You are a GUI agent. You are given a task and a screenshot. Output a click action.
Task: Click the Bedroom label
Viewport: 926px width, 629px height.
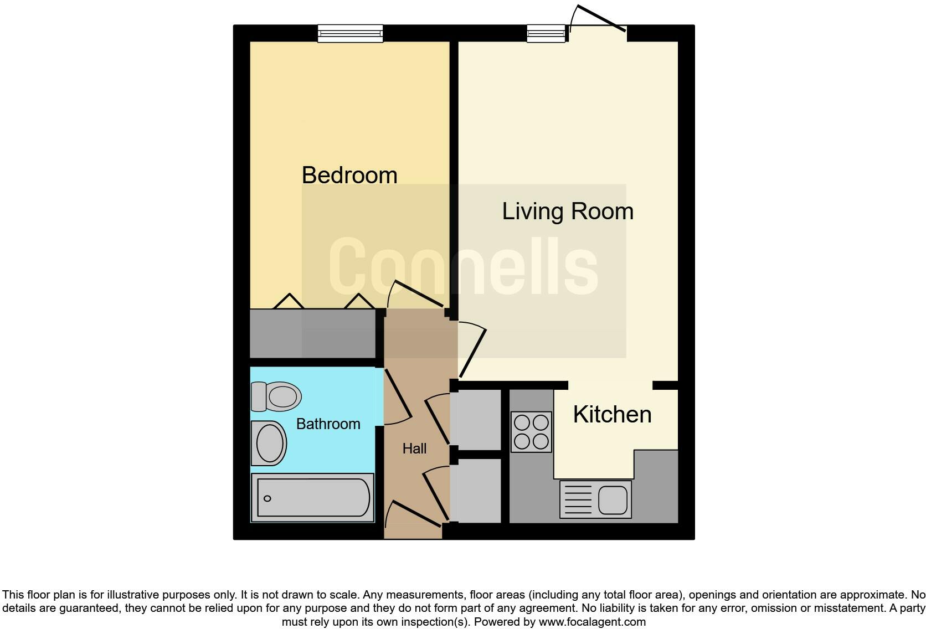point(349,176)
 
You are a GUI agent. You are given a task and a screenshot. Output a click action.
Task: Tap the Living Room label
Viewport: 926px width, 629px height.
point(567,212)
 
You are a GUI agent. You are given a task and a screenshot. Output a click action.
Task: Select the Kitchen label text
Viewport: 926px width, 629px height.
point(611,415)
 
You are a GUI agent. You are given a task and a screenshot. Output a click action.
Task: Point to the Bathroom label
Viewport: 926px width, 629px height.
point(328,424)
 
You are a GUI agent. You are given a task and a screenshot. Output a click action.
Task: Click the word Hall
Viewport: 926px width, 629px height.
point(414,448)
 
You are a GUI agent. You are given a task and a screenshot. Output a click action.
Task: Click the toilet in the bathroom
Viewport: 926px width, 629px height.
point(277,396)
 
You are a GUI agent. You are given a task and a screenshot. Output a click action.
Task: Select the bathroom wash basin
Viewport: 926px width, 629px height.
point(269,443)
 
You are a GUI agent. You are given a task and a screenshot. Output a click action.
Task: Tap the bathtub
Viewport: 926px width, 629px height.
point(313,498)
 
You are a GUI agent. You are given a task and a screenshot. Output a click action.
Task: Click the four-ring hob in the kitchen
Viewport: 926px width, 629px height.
point(531,432)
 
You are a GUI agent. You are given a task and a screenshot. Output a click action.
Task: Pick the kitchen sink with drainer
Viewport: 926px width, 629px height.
point(595,499)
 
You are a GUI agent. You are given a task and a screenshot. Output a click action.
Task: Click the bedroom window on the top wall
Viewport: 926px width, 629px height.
point(350,33)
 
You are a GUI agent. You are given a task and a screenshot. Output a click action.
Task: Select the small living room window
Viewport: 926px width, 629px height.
point(546,33)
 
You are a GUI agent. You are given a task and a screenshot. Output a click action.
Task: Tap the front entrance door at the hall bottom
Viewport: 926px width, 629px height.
point(415,515)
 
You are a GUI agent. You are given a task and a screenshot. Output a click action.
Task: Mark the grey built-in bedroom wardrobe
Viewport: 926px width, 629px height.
point(313,333)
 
